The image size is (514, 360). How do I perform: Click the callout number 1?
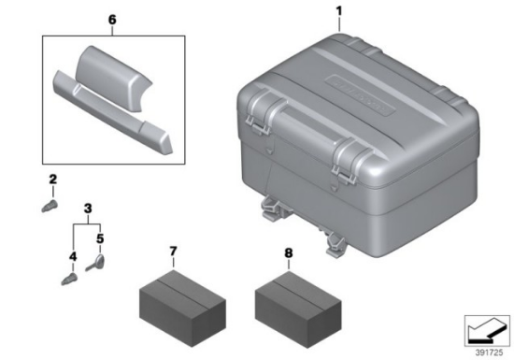pos(339,11)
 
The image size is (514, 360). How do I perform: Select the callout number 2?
pos(52,180)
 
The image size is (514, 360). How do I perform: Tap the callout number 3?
pos(88,209)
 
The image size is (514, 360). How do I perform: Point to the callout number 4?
pos(73,257)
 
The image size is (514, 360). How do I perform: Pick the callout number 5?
pos(100,238)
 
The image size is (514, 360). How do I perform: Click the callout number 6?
pos(112,20)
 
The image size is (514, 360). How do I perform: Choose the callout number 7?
pos(173,252)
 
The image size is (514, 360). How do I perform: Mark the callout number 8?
pos(289,253)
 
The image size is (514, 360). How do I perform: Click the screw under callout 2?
pos(50,207)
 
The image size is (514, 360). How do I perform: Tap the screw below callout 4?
pos(69,280)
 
